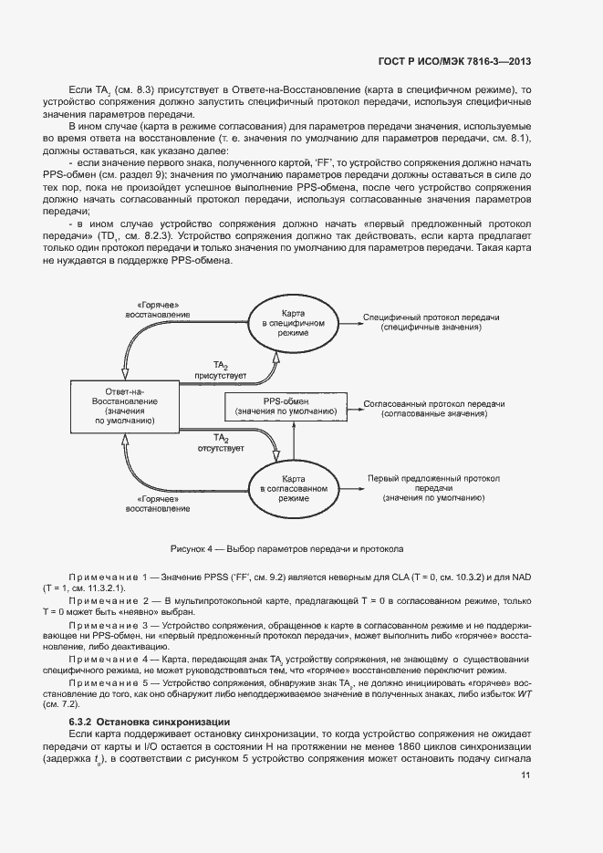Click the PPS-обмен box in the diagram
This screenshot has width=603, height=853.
coord(286,407)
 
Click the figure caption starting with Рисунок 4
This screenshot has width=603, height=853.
coord(286,549)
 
